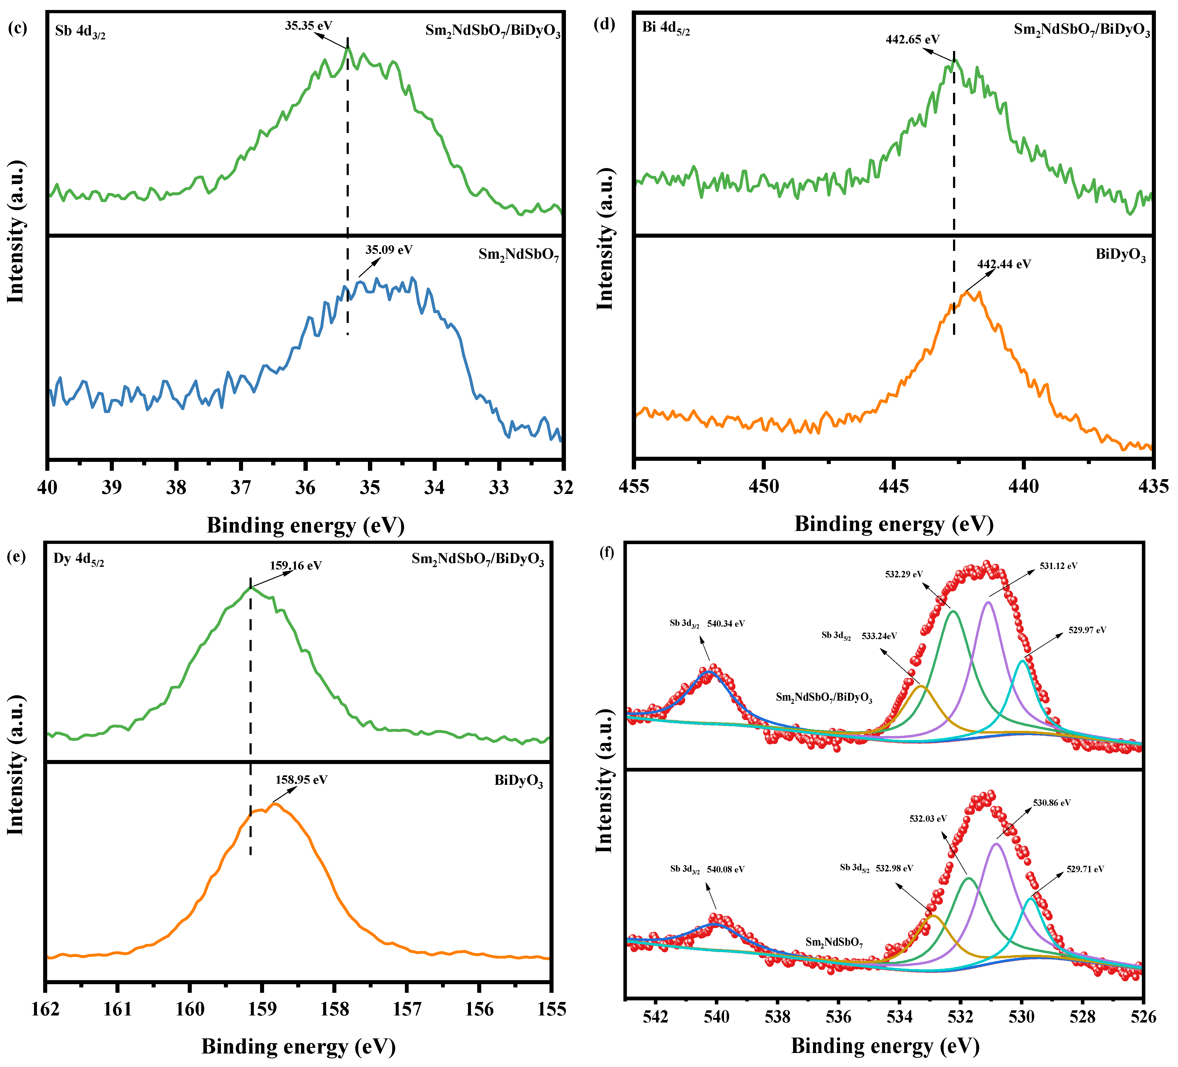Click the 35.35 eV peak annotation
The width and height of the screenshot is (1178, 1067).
[x=309, y=26]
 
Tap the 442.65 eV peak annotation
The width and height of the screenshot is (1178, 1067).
[x=912, y=40]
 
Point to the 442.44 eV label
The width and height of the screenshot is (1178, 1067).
[x=1004, y=264]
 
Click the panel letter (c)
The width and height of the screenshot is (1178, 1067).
[x=17, y=27]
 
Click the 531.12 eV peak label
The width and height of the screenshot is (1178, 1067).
[x=1058, y=566]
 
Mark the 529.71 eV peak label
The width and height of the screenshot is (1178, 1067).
[x=1085, y=869]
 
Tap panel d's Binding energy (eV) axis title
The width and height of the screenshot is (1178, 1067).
[x=893, y=524]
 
